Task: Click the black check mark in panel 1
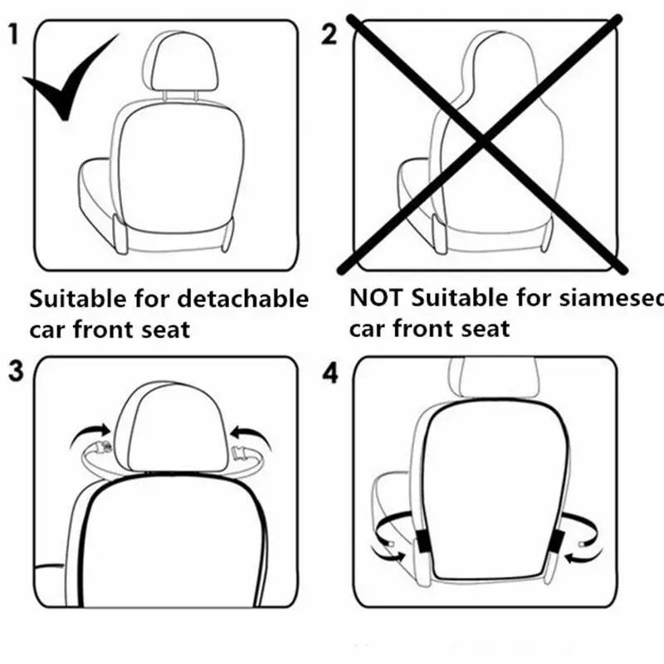pyautogui.click(x=71, y=83)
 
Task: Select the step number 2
pyautogui.click(x=330, y=35)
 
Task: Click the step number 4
pyautogui.click(x=330, y=373)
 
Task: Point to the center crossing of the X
pyautogui.click(x=484, y=142)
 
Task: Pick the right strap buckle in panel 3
pyautogui.click(x=244, y=452)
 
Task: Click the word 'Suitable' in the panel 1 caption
pyautogui.click(x=79, y=298)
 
